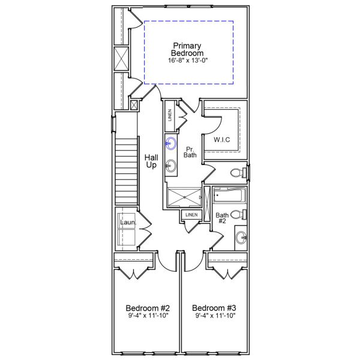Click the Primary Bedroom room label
coord(187,49)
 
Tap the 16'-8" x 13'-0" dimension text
coord(187,61)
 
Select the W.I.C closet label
coord(222,140)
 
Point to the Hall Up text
coord(151,161)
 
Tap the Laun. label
coord(128,223)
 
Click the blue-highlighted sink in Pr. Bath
coord(171,143)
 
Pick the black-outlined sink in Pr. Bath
coord(171,166)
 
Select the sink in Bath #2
coord(241,237)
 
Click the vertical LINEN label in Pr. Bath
coord(170,116)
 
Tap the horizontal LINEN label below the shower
coord(191,214)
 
